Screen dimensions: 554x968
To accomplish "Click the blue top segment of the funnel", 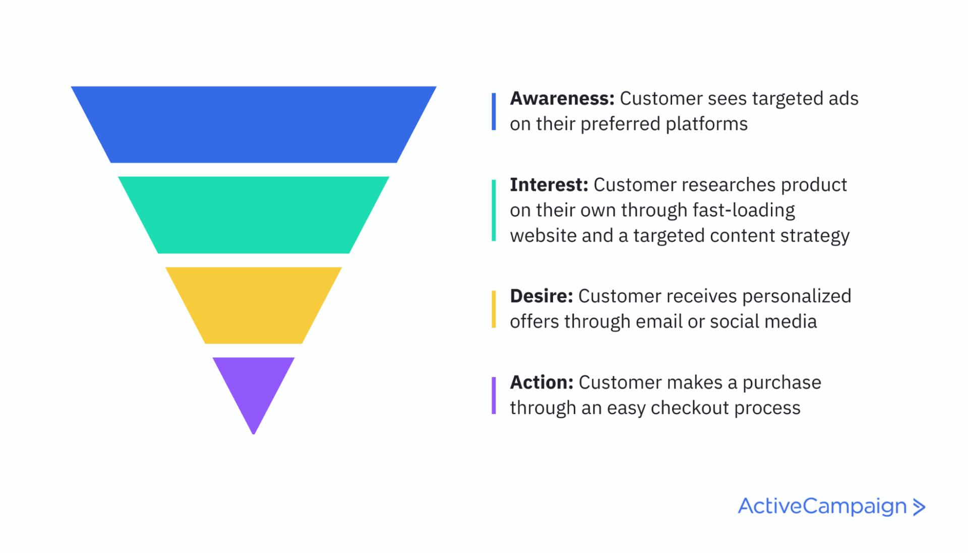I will pos(254,125).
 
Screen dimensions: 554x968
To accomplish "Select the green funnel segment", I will pos(254,215).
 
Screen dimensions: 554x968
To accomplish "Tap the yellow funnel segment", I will pos(254,305).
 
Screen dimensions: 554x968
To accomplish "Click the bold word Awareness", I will pos(562,98).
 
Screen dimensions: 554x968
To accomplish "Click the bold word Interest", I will pos(549,185).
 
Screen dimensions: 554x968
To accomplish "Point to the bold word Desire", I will pos(541,296).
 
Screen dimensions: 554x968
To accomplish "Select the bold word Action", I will pos(541,382).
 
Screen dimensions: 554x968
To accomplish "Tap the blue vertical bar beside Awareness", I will pos(494,112).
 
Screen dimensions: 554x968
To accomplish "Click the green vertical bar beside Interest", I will pos(494,210).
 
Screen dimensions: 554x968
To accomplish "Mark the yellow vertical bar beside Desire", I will pos(494,309).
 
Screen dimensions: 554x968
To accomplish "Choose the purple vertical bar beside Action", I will pos(494,396).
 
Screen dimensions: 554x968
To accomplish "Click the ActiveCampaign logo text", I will pos(822,506).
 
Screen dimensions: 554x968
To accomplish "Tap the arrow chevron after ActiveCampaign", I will pos(919,507).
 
